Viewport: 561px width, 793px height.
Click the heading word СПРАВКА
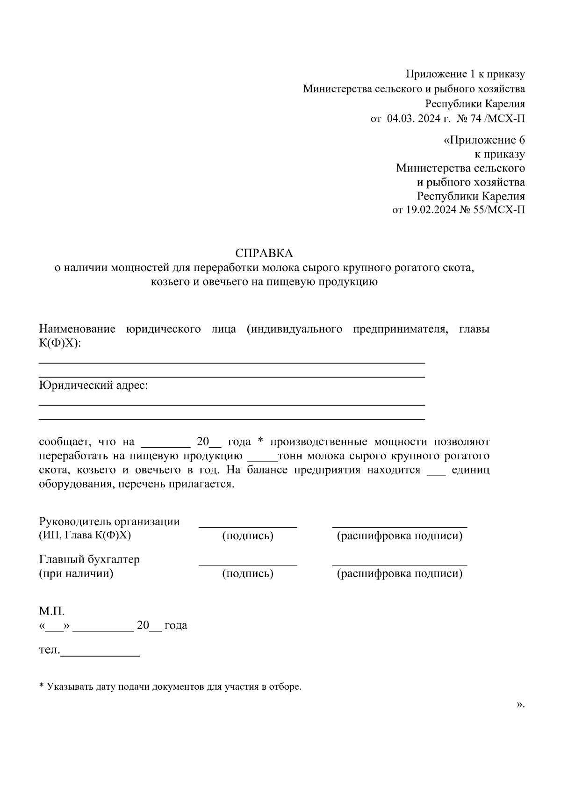264,253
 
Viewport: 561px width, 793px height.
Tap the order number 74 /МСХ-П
497,118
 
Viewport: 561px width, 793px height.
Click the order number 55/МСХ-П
498,209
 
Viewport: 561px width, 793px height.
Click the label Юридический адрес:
93,386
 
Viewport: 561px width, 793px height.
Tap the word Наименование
77,329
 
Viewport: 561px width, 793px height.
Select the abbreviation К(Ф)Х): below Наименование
60,343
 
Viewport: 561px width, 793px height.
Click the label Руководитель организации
109,522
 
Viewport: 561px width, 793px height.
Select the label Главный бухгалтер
89,559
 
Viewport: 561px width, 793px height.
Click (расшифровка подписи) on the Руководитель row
399,536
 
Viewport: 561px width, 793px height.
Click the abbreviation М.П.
51,611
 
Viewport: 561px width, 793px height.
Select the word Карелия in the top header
504,103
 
